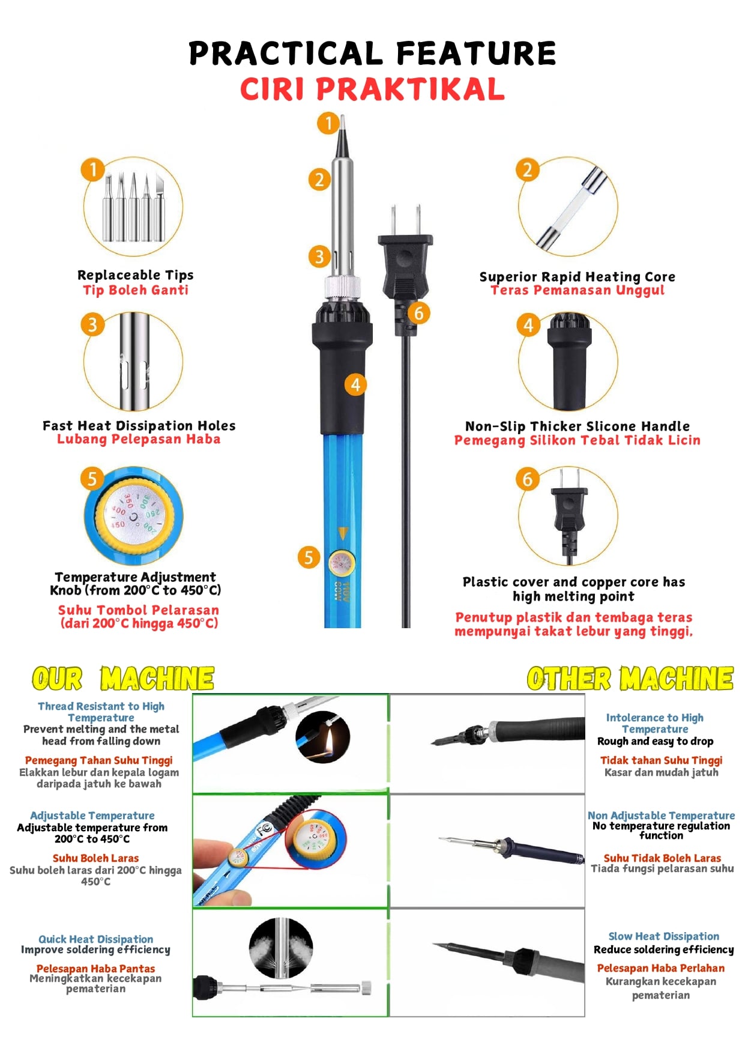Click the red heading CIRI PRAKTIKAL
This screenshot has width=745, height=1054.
pos(372,89)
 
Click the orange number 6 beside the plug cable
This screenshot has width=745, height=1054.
pos(419,313)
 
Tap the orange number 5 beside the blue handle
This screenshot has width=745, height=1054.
pos(309,557)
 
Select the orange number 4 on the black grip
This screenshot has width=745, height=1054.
pos(355,384)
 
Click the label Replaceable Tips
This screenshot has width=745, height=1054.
pos(136,275)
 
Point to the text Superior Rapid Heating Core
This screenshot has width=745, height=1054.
pos(577,277)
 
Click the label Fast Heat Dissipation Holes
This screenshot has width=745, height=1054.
pos(139,426)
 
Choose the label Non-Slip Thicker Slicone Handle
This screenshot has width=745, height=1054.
pos(578,426)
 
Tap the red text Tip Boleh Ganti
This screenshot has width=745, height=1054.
pos(136,290)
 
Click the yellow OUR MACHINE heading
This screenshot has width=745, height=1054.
pos(123,679)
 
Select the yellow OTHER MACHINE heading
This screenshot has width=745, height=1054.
pos(630,679)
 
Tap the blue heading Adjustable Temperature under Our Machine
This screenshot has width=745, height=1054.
pos(92,816)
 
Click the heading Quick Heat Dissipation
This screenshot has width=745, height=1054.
pos(95,939)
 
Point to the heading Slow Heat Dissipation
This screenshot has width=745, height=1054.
pos(663,936)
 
